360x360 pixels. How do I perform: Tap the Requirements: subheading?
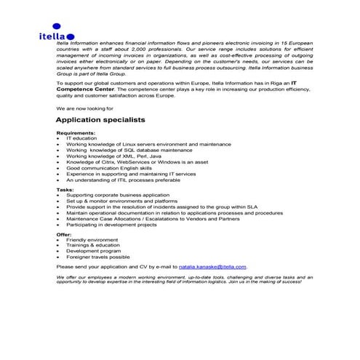[x=76, y=133]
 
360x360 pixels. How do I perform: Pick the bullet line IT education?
[x=81, y=138]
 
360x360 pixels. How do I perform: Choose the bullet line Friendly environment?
[x=92, y=240]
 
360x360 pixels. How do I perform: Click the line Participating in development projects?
[x=111, y=224]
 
